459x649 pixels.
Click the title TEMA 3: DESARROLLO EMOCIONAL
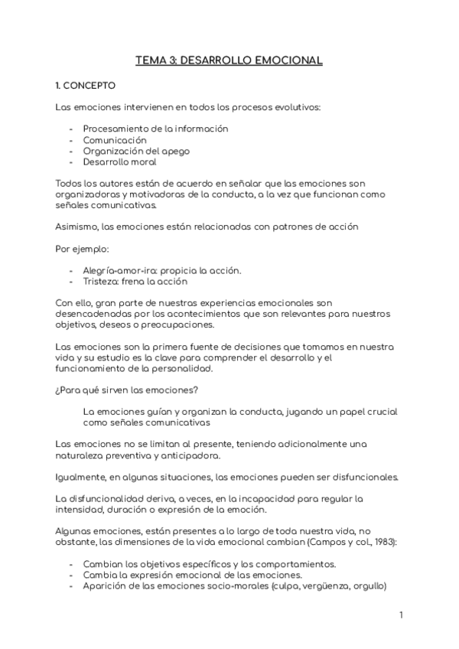point(229,59)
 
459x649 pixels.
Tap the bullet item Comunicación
point(115,140)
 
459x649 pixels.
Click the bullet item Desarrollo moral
point(119,161)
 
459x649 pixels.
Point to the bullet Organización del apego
point(136,151)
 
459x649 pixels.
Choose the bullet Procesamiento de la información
point(155,129)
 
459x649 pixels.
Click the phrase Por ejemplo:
point(83,249)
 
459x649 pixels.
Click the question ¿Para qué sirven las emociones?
point(127,390)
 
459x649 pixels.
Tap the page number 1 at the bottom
point(401,615)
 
